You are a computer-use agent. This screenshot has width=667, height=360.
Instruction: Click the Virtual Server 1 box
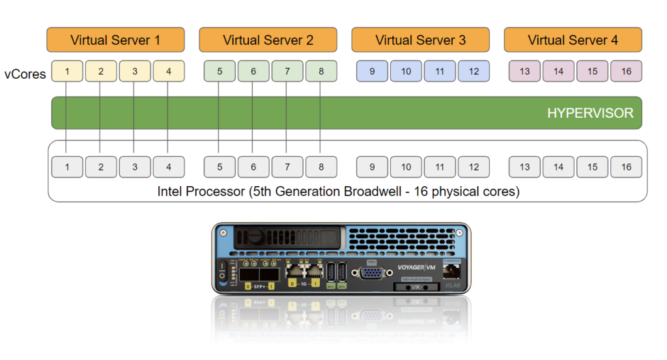(115, 40)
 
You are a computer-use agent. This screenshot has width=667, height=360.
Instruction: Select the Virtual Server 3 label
(420, 40)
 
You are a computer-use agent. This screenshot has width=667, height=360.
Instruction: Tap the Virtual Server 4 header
(573, 40)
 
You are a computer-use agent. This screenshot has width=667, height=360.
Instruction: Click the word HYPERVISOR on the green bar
(589, 113)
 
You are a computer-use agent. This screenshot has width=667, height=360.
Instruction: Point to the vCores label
(25, 74)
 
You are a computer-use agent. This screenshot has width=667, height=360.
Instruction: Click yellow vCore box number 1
(67, 71)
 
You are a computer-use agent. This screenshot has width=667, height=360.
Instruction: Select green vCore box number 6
(253, 71)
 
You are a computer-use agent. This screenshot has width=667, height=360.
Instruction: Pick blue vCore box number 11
(440, 71)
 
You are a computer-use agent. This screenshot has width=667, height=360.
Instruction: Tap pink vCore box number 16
(626, 71)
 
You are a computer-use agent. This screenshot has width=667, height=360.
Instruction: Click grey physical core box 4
(169, 167)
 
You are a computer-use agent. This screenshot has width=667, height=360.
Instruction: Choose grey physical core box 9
(372, 167)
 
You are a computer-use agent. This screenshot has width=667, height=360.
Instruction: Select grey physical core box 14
(558, 167)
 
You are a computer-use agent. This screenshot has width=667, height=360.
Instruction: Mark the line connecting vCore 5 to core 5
(220, 117)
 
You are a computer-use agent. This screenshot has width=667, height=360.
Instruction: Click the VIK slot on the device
(417, 287)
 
